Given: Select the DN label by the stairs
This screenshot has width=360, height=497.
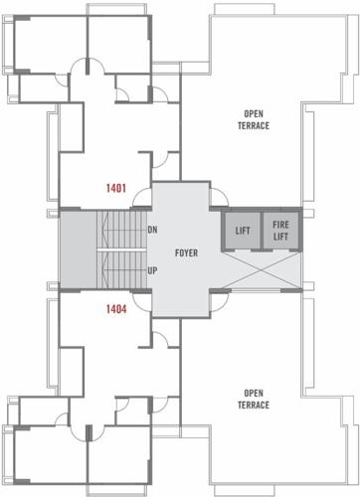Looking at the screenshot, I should point(152,230).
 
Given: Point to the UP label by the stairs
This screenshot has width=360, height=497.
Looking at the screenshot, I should point(152,269).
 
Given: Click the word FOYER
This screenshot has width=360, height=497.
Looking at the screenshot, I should point(186,252).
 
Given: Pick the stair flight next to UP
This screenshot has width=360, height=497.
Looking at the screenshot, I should point(119,267).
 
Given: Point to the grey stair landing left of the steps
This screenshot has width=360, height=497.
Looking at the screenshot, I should point(76,248).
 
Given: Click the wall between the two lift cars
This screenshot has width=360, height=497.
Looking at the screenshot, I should point(261,230).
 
